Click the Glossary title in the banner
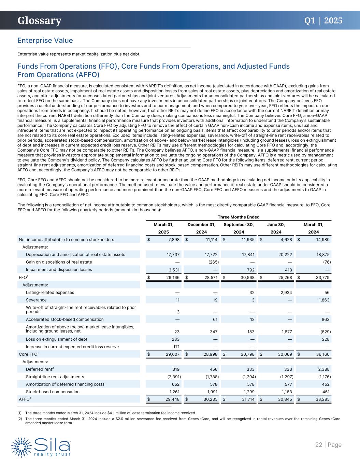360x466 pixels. click(40, 21)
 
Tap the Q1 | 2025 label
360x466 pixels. click(323, 20)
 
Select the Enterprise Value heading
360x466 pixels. click(45, 40)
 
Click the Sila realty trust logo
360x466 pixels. click(41, 446)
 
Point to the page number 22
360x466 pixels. click(319, 444)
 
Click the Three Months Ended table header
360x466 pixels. click(239, 217)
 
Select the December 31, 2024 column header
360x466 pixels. click(201, 228)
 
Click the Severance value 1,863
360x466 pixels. click(322, 300)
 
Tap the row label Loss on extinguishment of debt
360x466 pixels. click(57, 339)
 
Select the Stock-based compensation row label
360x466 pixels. click(53, 392)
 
